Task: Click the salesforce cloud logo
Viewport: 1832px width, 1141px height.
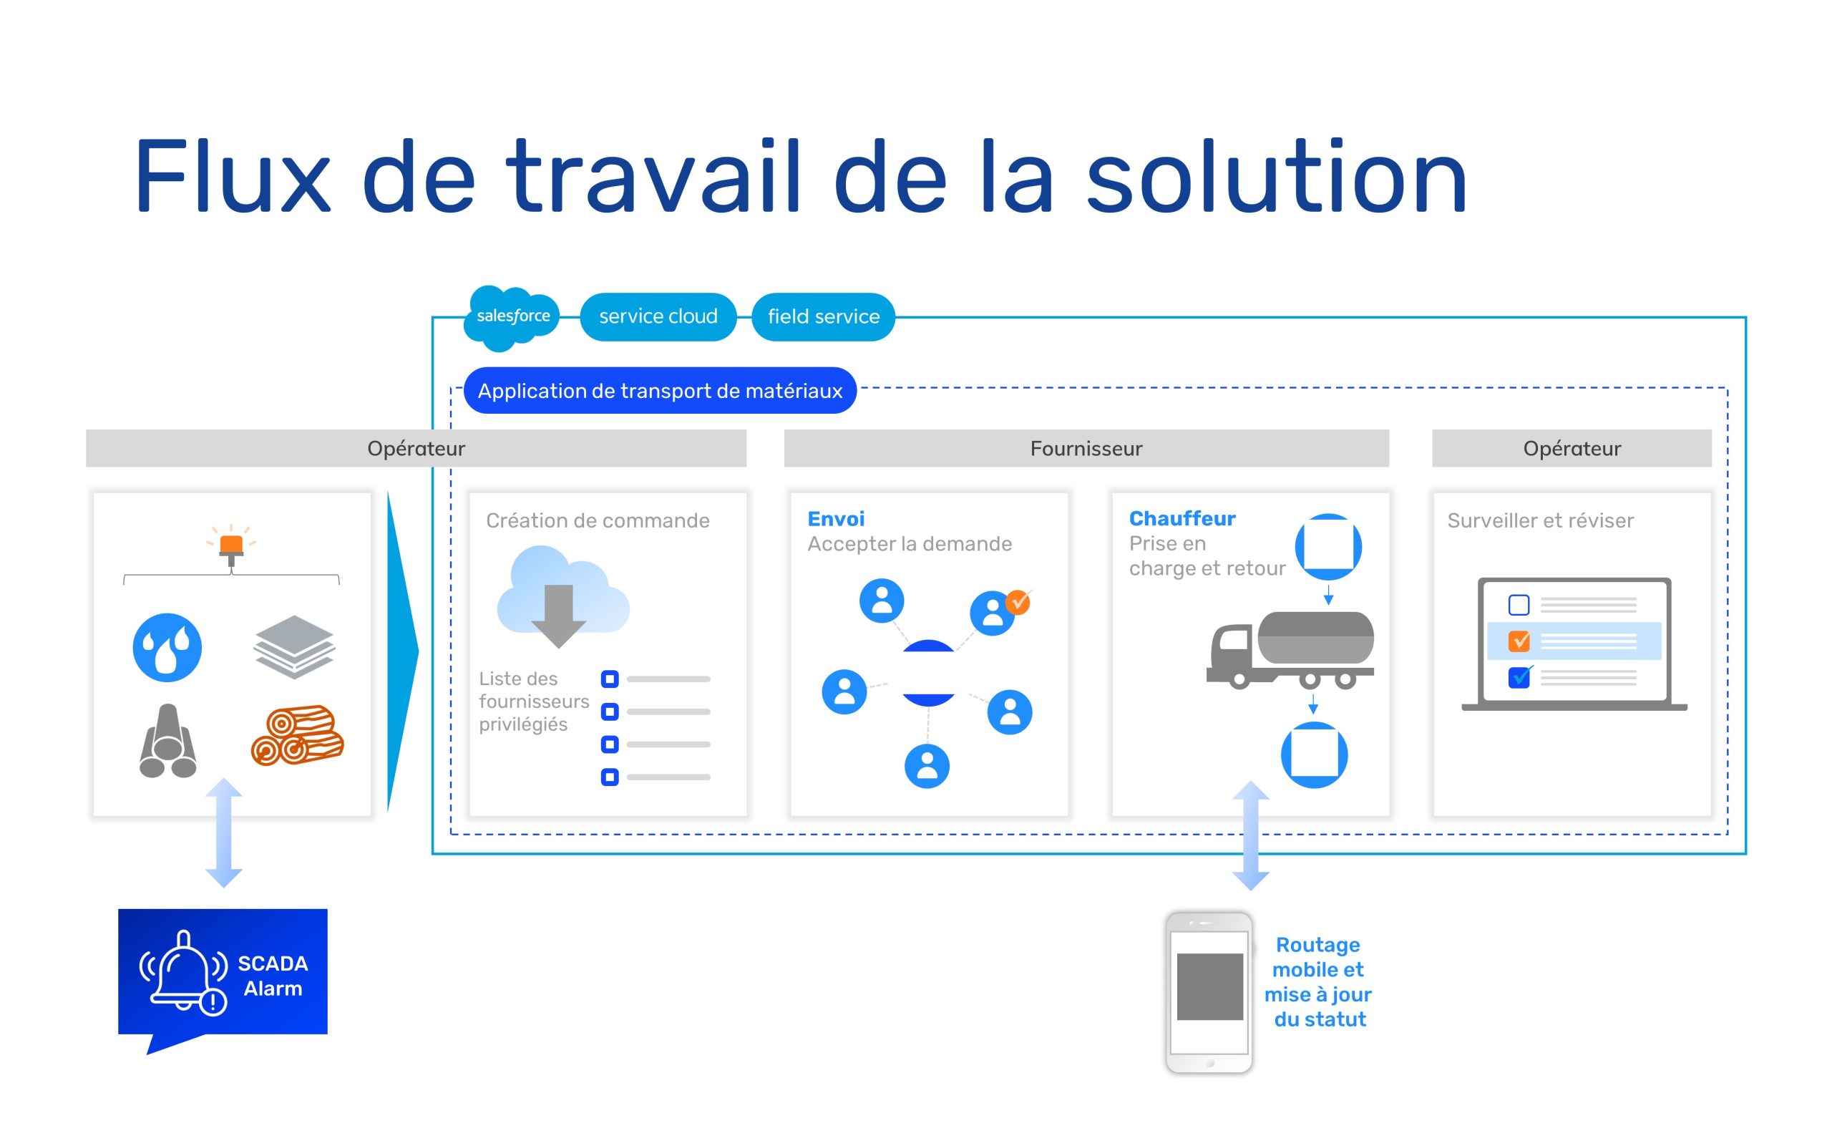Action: [512, 318]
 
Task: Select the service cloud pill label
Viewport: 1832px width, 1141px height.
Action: [658, 317]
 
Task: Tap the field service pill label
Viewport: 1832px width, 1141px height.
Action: [823, 317]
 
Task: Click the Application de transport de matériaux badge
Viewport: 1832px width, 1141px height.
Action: [660, 391]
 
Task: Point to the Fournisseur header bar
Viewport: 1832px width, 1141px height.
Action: [1086, 448]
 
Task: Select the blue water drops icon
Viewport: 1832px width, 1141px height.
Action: [167, 648]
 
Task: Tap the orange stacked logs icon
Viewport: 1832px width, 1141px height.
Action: [297, 736]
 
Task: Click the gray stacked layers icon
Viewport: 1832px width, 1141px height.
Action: [294, 646]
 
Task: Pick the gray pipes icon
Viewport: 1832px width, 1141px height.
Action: [168, 741]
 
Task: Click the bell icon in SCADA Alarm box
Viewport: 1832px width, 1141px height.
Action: [183, 972]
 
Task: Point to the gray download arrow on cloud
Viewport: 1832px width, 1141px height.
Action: [559, 616]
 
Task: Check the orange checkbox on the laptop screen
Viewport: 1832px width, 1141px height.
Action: [1519, 641]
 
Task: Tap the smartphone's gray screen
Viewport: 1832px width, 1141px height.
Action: [1210, 987]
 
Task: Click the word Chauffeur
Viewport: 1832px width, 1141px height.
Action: [1182, 518]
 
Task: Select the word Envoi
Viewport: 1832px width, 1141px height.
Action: [836, 519]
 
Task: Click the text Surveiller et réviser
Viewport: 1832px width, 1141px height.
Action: [1540, 520]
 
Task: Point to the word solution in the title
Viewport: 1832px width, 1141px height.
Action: [1276, 177]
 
